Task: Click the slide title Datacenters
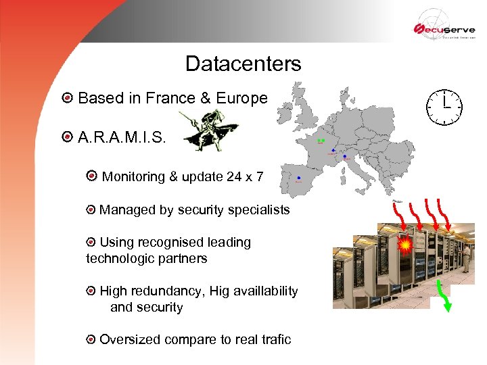click(243, 64)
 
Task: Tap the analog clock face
click(444, 106)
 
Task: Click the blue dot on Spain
click(298, 177)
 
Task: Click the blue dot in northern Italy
click(345, 157)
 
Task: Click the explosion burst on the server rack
click(404, 245)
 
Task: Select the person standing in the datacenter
click(466, 257)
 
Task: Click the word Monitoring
click(133, 176)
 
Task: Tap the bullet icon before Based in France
click(66, 99)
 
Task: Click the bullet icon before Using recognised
click(91, 242)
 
